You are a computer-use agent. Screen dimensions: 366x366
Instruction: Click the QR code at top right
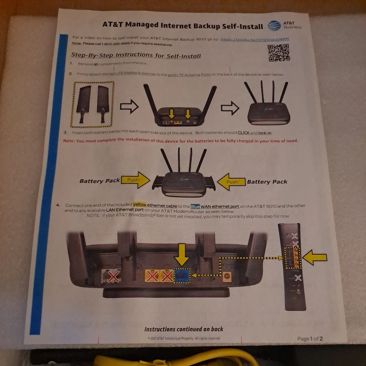(x=278, y=53)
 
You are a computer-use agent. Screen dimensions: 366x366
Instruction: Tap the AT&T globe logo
(x=274, y=26)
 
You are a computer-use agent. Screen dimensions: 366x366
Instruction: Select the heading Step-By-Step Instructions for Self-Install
(x=136, y=55)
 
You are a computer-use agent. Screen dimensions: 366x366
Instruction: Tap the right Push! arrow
(x=231, y=181)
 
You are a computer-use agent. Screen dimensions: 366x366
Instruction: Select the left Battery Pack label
(x=100, y=181)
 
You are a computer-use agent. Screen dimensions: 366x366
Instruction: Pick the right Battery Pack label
(x=267, y=182)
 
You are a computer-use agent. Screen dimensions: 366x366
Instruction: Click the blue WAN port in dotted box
(x=181, y=275)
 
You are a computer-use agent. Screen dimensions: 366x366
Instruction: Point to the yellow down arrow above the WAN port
(x=181, y=254)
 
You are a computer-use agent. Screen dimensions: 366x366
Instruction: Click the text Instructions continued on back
(x=184, y=329)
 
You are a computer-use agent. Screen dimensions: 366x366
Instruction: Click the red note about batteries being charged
(x=180, y=141)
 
